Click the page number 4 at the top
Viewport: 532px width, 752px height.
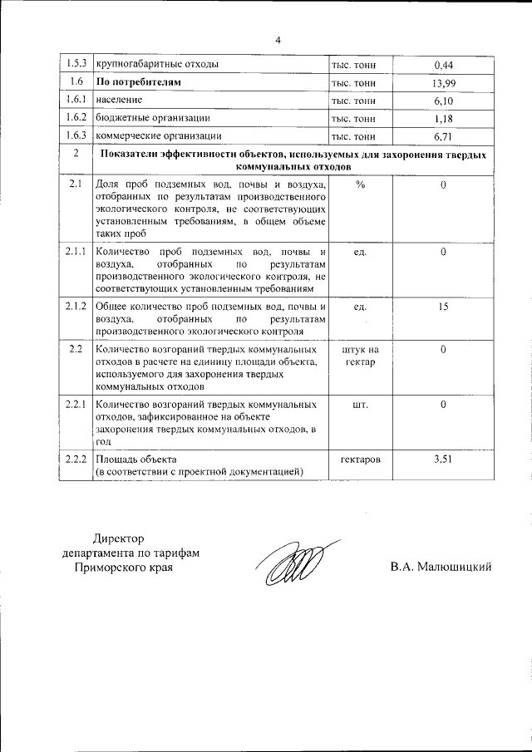[x=278, y=39]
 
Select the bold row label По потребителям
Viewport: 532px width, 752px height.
[x=139, y=82]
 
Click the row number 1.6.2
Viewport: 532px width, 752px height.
[x=76, y=119]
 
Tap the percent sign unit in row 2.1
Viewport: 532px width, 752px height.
[x=360, y=184]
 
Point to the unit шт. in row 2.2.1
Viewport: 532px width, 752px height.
[x=360, y=404]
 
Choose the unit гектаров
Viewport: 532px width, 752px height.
[x=360, y=459]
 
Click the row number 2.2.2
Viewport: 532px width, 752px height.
[x=76, y=459]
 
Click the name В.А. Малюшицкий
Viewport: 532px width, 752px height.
[x=441, y=567]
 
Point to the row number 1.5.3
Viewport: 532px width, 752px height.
[x=76, y=64]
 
